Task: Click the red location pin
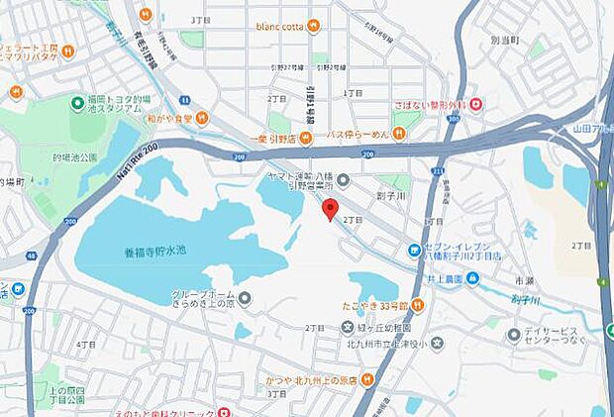330,208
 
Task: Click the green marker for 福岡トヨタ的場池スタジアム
77,102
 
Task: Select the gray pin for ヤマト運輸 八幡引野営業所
343,179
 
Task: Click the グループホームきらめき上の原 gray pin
244,298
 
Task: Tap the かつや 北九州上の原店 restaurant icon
366,378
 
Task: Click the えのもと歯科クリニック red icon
224,412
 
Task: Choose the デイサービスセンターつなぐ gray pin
514,335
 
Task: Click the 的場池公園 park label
74,157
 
